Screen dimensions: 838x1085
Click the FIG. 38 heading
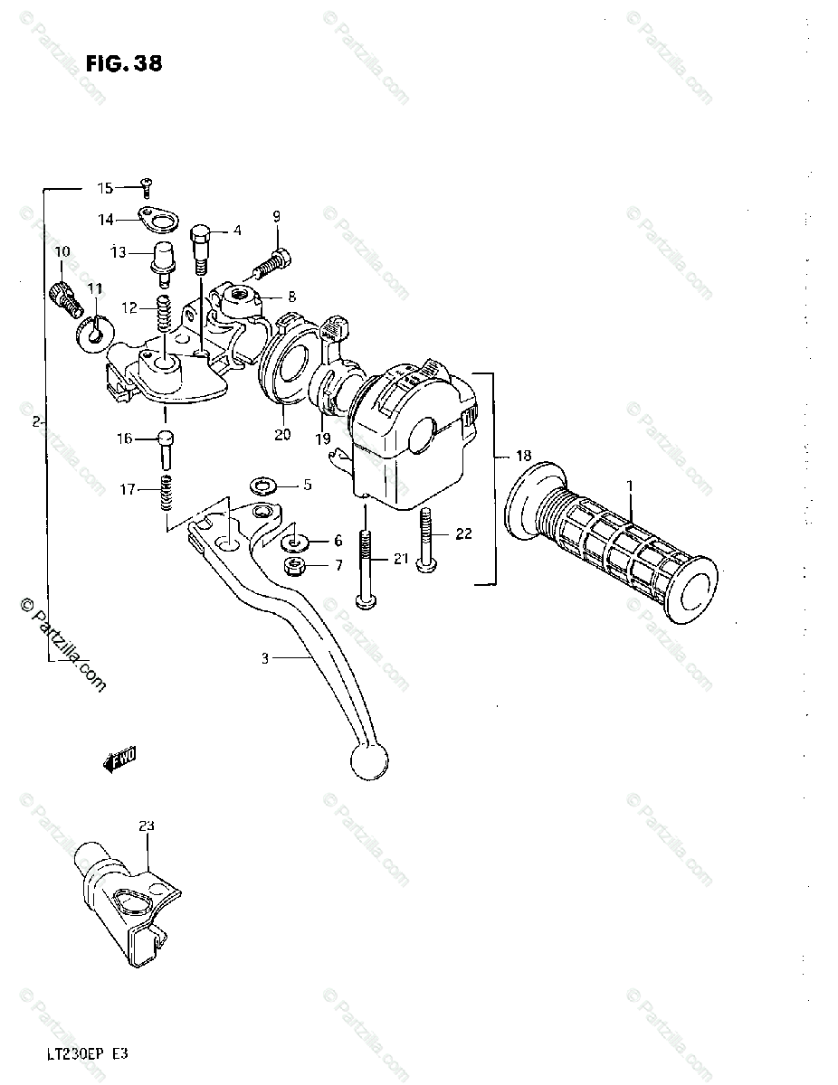pyautogui.click(x=124, y=63)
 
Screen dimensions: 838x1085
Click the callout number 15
pyautogui.click(x=106, y=188)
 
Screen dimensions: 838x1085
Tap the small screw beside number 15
pyautogui.click(x=145, y=187)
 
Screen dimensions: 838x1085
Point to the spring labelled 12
pyautogui.click(x=165, y=312)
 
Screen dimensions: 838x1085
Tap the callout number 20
pyautogui.click(x=282, y=435)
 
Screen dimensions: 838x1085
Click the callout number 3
pyautogui.click(x=265, y=659)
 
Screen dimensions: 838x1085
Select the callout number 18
pyautogui.click(x=524, y=456)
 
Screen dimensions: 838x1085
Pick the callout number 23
pyautogui.click(x=147, y=826)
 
